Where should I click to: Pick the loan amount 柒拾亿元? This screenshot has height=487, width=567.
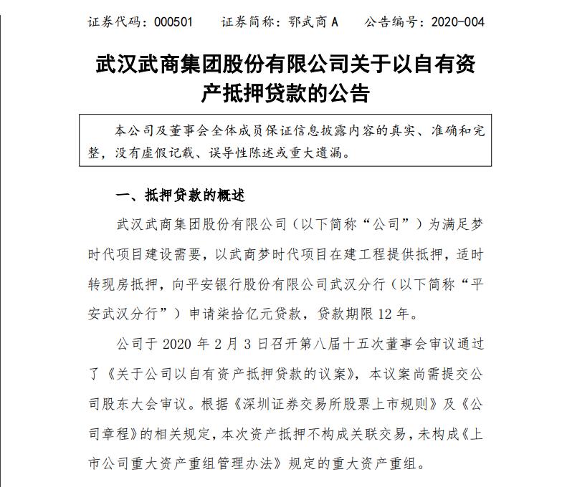(x=313, y=314)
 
